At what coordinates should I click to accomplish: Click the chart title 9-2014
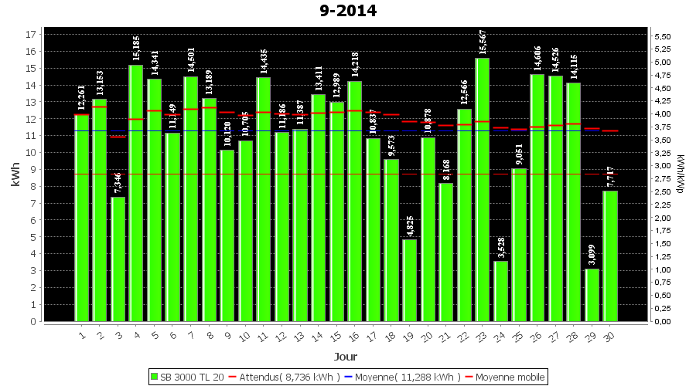347,11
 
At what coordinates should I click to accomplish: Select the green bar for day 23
483,189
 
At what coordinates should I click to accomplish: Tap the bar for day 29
592,294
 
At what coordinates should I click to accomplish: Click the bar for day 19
409,279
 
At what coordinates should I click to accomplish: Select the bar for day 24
500,291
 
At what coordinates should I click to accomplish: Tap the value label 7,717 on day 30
610,176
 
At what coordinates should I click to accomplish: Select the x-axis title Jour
345,357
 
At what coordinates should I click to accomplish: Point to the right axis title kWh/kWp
680,174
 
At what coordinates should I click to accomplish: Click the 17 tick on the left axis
31,34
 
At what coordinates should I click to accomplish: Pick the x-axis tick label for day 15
336,336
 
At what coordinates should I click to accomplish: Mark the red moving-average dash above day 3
118,137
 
